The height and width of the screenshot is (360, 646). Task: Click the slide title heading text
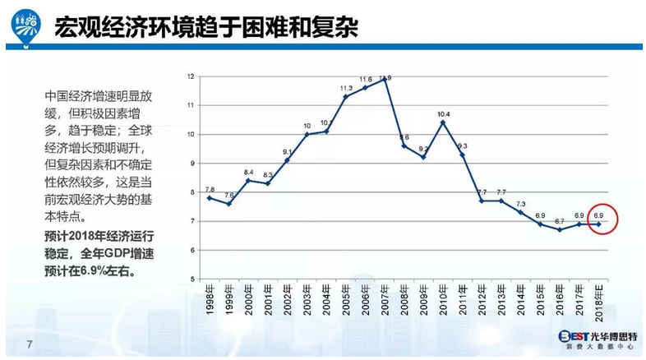206,28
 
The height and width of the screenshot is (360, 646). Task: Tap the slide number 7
30,343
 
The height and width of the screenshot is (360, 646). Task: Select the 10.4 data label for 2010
444,113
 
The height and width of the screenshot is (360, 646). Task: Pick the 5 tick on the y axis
191,279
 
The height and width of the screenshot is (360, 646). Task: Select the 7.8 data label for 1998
210,189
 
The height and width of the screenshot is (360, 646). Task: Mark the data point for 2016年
560,229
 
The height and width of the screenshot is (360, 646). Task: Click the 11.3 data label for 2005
346,88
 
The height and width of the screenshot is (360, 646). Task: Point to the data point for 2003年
307,134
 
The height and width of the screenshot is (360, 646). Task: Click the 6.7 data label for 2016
560,221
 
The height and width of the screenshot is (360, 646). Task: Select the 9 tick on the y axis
191,163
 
